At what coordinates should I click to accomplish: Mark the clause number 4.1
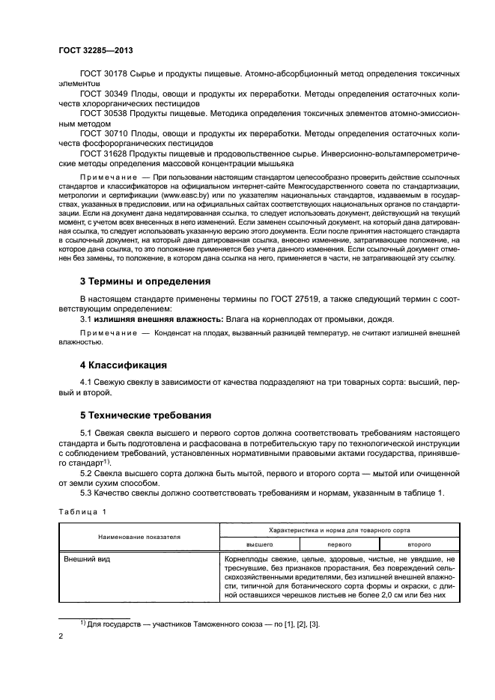[88, 382]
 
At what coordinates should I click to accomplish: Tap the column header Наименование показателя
[138, 537]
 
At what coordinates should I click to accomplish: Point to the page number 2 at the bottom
[61, 635]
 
